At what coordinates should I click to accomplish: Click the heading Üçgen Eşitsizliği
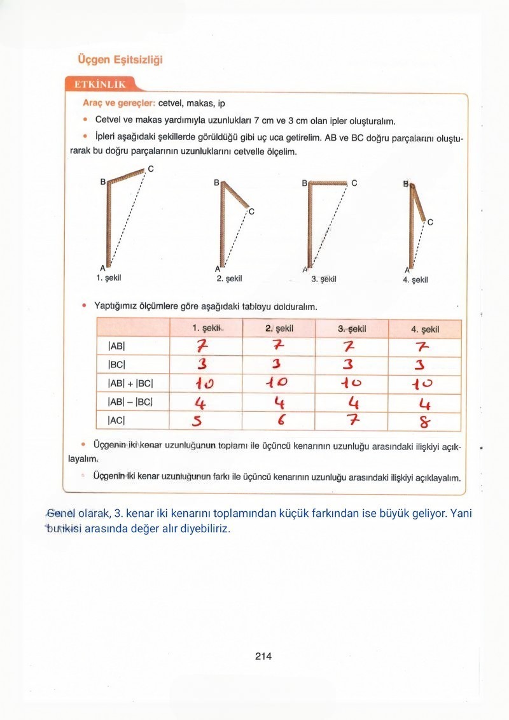[120, 60]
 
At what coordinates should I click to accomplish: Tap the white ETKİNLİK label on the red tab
[100, 85]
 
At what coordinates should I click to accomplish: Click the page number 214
[263, 656]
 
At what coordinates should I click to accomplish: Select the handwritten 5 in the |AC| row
[199, 421]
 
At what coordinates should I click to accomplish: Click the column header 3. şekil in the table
[352, 329]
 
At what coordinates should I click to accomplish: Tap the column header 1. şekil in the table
[206, 328]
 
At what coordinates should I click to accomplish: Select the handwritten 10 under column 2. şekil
[277, 383]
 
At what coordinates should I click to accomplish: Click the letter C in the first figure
[150, 169]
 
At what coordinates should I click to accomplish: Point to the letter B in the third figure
[304, 183]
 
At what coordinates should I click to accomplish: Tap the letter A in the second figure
[218, 267]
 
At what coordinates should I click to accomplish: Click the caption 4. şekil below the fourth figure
[415, 279]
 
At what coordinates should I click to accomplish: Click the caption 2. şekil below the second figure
[229, 278]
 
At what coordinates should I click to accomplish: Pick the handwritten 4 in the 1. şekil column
[199, 402]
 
